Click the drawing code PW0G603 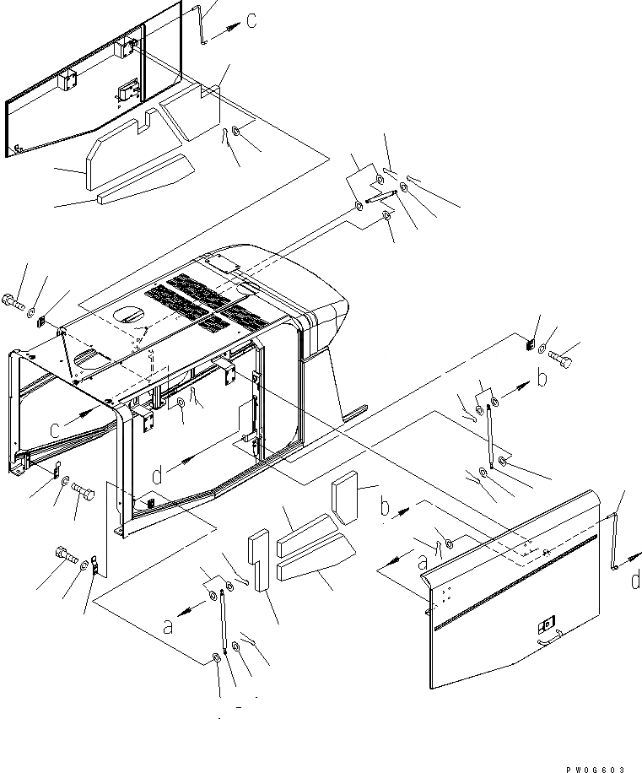pos(597,768)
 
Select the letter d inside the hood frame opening pos(157,477)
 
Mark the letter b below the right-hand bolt pos(542,379)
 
